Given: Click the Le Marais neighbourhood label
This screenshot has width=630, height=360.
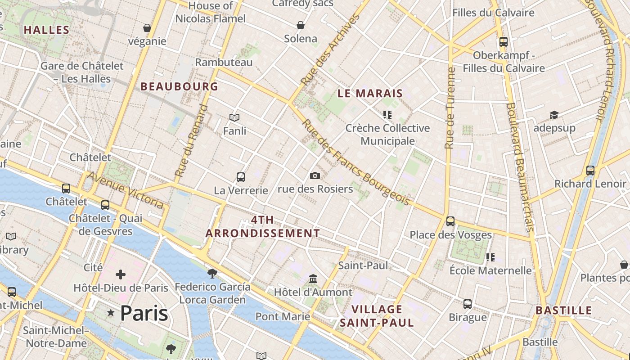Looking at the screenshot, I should (370, 94).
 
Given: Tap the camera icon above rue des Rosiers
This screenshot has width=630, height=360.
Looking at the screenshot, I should (315, 175).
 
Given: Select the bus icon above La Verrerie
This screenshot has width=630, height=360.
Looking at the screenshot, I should (241, 177).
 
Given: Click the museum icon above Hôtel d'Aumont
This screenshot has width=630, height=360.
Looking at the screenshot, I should (313, 279).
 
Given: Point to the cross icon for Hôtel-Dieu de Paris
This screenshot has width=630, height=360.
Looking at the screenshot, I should (120, 274).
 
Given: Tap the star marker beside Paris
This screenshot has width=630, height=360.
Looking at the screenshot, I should (111, 312).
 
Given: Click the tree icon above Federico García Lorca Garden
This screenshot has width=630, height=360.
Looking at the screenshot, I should (212, 273).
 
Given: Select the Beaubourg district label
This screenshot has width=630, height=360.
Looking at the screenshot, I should (179, 86).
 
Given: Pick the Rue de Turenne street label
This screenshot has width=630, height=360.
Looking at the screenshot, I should (450, 108).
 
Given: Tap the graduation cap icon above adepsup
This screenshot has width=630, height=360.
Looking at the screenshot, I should (554, 115).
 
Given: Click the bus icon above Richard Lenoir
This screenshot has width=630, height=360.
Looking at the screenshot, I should (590, 171).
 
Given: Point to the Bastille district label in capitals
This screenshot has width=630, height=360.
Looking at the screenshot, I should (563, 310).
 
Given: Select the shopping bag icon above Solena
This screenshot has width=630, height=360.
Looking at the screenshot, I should (300, 25).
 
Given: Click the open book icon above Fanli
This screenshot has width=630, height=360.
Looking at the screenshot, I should (234, 118).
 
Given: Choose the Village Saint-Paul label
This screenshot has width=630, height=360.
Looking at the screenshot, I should (377, 316).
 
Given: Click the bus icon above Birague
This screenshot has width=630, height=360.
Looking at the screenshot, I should (468, 304).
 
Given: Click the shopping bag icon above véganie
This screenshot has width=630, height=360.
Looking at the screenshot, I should (147, 28).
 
